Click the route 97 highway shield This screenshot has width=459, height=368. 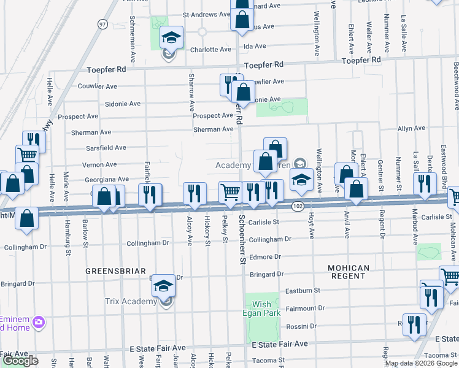[102, 23]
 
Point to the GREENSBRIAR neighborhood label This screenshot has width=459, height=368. [115, 270]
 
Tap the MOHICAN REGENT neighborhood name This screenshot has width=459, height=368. [348, 273]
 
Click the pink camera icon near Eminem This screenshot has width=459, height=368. [39, 321]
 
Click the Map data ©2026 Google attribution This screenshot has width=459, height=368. [421, 363]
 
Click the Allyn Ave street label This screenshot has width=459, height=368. [411, 129]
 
